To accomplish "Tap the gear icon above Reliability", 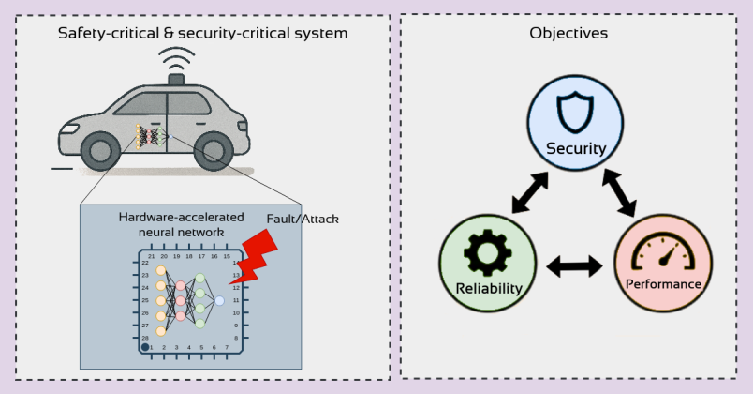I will pyautogui.click(x=488, y=250).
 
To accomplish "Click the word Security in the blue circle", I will pyautogui.click(x=576, y=148).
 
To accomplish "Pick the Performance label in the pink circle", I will pyautogui.click(x=663, y=283).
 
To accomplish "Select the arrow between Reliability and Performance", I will pyautogui.click(x=575, y=267).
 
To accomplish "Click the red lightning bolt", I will pyautogui.click(x=254, y=254).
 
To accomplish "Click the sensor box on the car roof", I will pyautogui.click(x=176, y=79).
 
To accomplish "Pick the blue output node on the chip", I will pyautogui.click(x=219, y=300).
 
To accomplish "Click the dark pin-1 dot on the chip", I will pyautogui.click(x=145, y=347).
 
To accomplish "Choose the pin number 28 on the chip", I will pyautogui.click(x=145, y=337).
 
